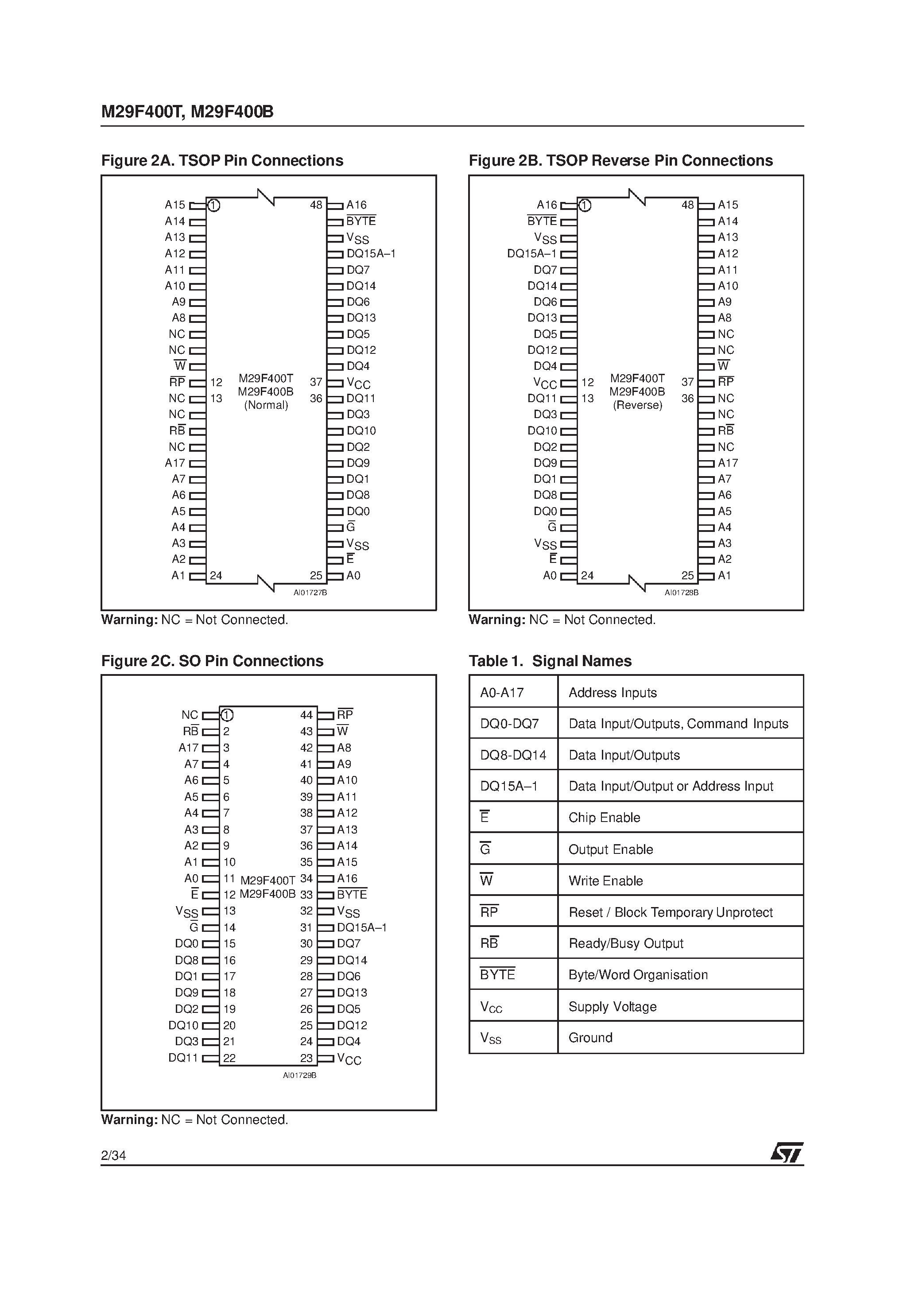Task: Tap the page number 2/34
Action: (113, 1155)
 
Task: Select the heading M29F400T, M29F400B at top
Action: (187, 112)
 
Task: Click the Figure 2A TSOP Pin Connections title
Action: (222, 161)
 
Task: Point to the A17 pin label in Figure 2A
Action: (175, 463)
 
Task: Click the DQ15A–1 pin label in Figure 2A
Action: (371, 254)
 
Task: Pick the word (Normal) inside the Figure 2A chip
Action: (266, 405)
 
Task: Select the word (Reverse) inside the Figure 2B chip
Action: (637, 405)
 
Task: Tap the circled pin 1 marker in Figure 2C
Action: (227, 715)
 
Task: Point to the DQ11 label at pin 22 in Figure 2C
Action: (183, 1058)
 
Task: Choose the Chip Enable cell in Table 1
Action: (604, 818)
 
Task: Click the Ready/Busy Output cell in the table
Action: (626, 944)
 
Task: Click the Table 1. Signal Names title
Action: (550, 661)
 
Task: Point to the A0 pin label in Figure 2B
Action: (550, 576)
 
